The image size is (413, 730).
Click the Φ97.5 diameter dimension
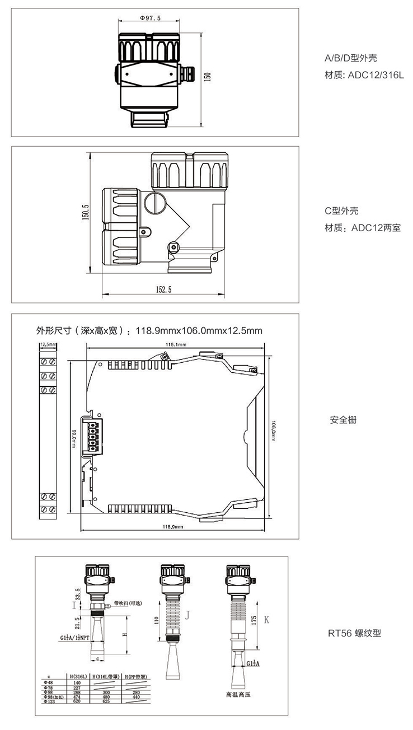click(149, 18)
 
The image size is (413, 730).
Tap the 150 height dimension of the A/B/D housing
click(208, 77)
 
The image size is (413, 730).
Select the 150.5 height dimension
click(86, 213)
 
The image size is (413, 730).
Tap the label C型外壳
click(342, 211)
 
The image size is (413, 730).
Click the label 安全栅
click(343, 420)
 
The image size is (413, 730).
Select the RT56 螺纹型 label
click(354, 634)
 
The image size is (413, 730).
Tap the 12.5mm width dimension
click(48, 344)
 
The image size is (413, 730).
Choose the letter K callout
click(266, 619)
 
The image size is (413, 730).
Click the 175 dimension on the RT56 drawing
click(254, 620)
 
